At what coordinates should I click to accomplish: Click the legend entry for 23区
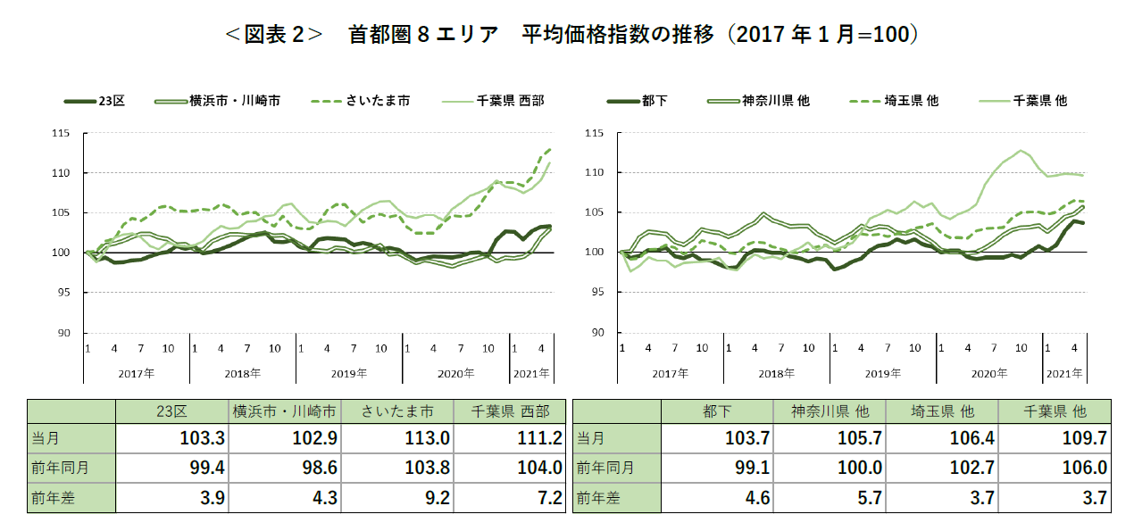pos(111,102)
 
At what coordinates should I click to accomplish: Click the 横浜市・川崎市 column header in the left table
pos(285,411)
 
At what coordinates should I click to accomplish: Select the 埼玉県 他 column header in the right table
pos(943,411)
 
